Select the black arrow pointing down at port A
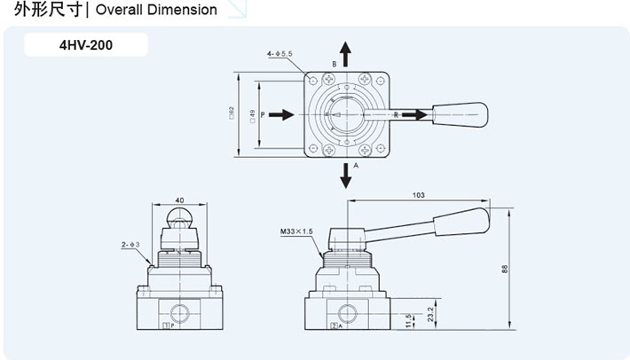(x=346, y=176)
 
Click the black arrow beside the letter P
(x=281, y=114)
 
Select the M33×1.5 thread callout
(x=296, y=231)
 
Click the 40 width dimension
(x=179, y=200)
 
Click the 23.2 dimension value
(x=430, y=314)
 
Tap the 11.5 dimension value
(x=409, y=319)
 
